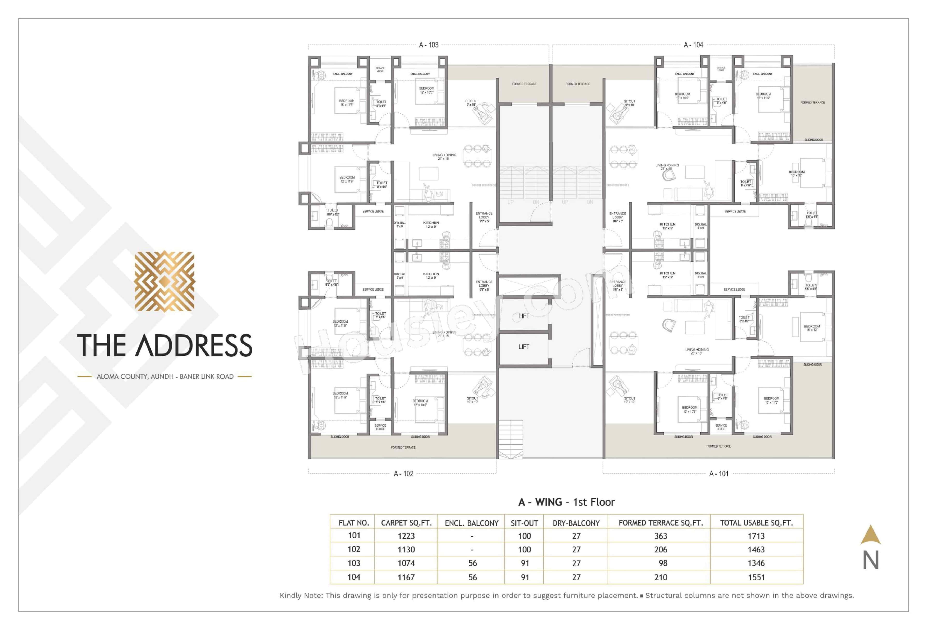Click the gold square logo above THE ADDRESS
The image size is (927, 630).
point(164,281)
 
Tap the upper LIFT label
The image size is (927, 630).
point(524,316)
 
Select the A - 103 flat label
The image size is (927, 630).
point(428,45)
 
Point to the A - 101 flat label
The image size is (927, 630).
point(718,473)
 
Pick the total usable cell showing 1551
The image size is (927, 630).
point(756,577)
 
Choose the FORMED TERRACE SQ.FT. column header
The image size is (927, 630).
point(660,523)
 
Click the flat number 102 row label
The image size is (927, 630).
point(354,549)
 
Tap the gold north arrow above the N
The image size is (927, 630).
point(871,535)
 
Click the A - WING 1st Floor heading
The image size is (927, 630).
point(566,502)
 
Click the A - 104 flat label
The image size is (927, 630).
point(693,45)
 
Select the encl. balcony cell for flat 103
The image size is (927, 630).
point(472,563)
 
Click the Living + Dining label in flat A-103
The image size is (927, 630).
point(444,157)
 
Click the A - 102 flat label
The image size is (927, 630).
point(403,473)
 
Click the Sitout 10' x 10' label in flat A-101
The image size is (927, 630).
point(629,400)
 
